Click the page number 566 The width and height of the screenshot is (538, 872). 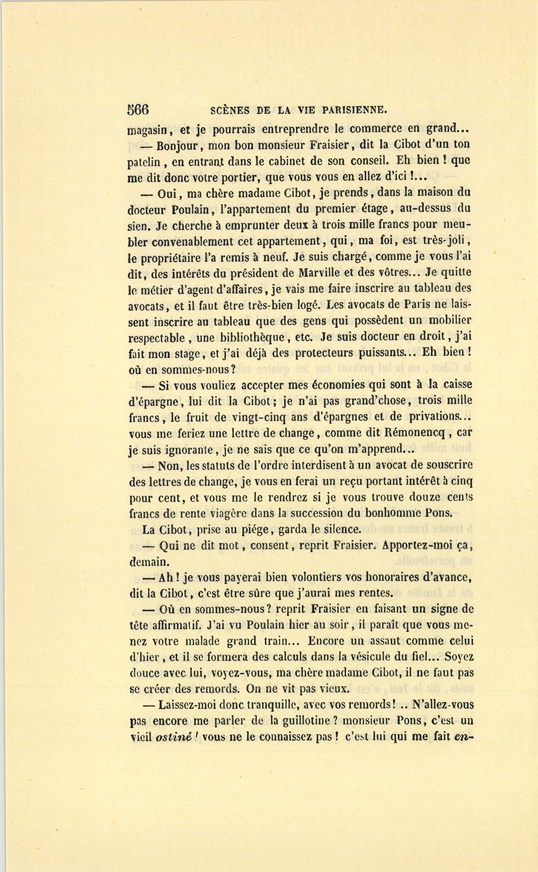(x=138, y=109)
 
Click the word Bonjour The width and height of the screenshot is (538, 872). (x=177, y=145)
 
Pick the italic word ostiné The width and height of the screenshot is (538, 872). (x=173, y=737)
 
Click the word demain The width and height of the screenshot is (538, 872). (x=149, y=561)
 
